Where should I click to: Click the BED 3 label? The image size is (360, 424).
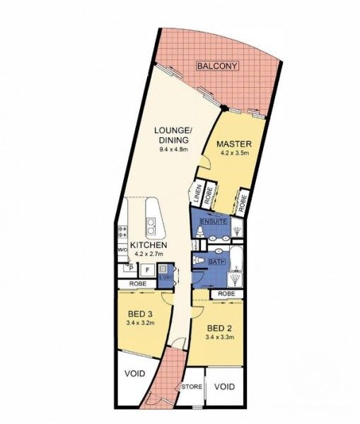click(x=141, y=313)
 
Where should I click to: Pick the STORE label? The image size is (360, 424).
click(x=191, y=387)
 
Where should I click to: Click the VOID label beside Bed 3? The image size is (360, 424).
click(x=134, y=374)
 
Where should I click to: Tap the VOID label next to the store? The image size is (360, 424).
click(x=224, y=387)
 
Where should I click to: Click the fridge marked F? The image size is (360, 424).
click(x=146, y=269)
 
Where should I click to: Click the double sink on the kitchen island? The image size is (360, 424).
click(x=151, y=225)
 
